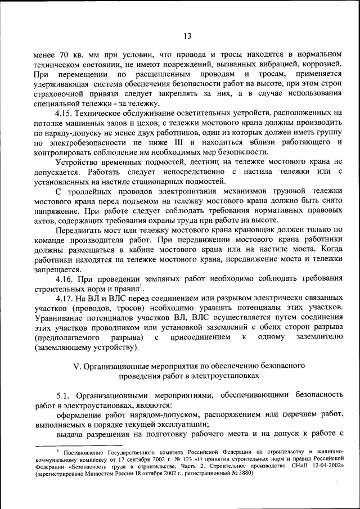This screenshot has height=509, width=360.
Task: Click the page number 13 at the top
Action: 188,37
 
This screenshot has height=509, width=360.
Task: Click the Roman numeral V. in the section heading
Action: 78,366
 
